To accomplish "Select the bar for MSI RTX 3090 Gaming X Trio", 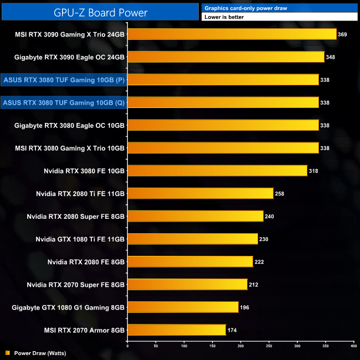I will (232, 34).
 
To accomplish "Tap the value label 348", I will (331, 57).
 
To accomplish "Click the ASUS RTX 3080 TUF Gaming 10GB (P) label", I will (64, 80).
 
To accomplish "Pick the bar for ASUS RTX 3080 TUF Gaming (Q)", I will (223, 102).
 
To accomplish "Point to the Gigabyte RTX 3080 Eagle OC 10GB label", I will (70, 125).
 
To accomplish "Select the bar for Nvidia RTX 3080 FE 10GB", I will (218, 171).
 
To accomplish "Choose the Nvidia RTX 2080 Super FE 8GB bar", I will (196, 216).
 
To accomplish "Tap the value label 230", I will (266, 239).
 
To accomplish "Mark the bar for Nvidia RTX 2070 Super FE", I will (188, 284).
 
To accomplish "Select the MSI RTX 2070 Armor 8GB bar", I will (177, 330).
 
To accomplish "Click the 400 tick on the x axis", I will (353, 346).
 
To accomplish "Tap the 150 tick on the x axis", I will (212, 346).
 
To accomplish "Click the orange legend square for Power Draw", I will (8, 352).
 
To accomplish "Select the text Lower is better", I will (224, 17).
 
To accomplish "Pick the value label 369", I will (342, 34).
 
